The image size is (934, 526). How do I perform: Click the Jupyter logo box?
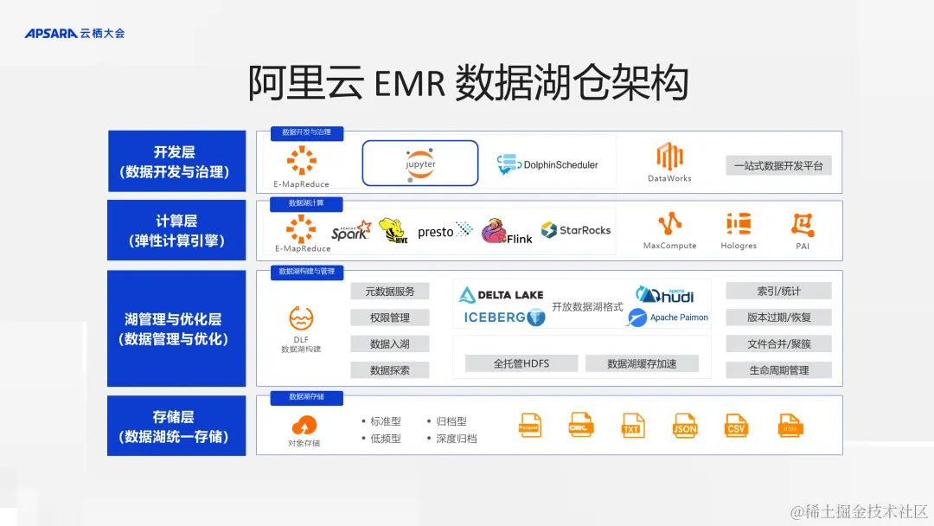pyautogui.click(x=420, y=163)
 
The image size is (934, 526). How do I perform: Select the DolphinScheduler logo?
pyautogui.click(x=547, y=164)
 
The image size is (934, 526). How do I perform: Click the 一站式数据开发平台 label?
pyautogui.click(x=778, y=165)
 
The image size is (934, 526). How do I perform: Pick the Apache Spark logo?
pyautogui.click(x=350, y=231)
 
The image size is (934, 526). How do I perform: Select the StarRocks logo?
pyautogui.click(x=576, y=230)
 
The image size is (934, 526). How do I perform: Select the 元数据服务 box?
pyautogui.click(x=390, y=292)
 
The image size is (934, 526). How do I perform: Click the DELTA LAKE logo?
pyautogui.click(x=502, y=294)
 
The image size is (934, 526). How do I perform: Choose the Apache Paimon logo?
pyautogui.click(x=669, y=318)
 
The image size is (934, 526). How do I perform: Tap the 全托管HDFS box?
pyautogui.click(x=521, y=363)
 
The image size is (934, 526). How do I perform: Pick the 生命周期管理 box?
pyautogui.click(x=778, y=370)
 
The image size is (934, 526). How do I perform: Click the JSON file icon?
pyautogui.click(x=685, y=426)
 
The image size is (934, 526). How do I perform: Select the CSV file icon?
pyautogui.click(x=737, y=426)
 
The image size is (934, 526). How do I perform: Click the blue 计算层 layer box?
pyautogui.click(x=176, y=230)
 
